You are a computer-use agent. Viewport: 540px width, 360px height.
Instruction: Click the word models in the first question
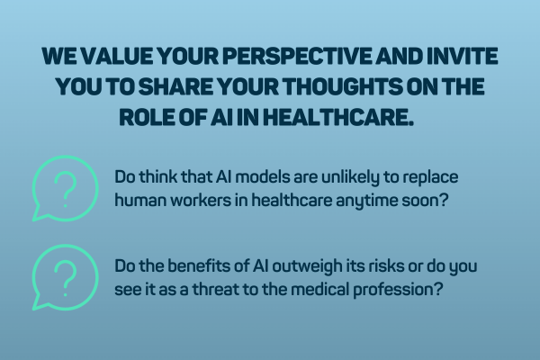point(250,177)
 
